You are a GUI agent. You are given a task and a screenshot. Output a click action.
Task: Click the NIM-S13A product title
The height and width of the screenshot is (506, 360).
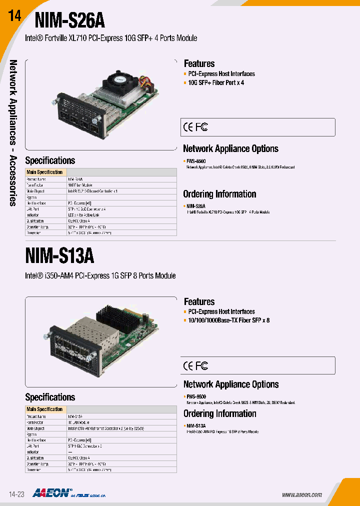pos(59,255)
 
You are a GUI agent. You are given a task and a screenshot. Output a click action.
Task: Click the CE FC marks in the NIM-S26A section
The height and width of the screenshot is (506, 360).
pos(195,127)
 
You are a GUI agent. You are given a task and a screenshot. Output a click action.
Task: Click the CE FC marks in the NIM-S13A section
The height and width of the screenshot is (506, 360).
pos(195,366)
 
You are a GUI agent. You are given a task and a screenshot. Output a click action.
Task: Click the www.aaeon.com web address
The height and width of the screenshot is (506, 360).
pos(301,494)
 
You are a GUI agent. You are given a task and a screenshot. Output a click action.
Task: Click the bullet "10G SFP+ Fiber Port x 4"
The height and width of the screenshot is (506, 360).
pos(215,82)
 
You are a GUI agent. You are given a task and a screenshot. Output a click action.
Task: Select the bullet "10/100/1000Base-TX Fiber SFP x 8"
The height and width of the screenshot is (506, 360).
pos(228,320)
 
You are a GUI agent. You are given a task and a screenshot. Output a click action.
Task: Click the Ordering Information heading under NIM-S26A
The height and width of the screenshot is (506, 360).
pos(219,194)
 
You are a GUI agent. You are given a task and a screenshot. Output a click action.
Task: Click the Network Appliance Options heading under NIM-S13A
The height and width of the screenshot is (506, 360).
pos(230,384)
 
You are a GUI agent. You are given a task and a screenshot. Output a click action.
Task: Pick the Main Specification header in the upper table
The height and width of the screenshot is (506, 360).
pos(44,172)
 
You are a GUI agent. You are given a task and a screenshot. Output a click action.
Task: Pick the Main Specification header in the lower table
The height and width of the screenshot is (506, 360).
pos(44,409)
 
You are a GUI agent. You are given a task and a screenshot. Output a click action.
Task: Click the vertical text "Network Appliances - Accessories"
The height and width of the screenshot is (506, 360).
pos(13,132)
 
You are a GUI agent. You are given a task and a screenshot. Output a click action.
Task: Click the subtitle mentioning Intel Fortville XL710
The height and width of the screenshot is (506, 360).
pos(111,38)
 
